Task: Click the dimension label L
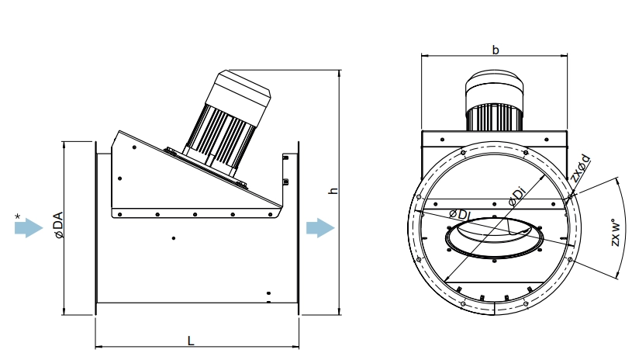(191, 341)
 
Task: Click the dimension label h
(333, 190)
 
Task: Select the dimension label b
(496, 50)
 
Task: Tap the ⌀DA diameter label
(59, 224)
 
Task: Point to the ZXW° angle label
(615, 233)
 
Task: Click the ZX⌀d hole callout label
(581, 168)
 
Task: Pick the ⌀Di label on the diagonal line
(517, 196)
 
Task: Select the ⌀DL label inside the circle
(460, 214)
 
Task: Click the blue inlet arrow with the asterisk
(29, 228)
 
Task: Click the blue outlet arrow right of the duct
(320, 228)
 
